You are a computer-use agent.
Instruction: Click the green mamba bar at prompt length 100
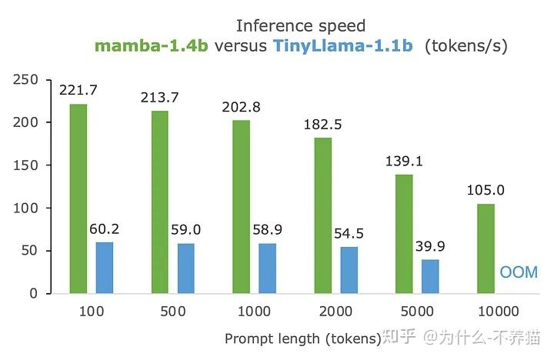pos(78,198)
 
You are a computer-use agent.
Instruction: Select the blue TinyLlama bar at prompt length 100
pos(105,268)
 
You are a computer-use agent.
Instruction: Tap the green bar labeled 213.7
pos(159,202)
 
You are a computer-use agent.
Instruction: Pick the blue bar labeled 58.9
pos(268,268)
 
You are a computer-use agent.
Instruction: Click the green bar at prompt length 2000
pos(322,215)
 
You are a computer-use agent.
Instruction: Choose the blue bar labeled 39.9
pos(431,276)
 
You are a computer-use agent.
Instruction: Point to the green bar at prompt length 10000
pos(486,248)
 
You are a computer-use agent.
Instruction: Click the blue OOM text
pos(518,272)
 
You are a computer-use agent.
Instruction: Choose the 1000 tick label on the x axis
pos(254,312)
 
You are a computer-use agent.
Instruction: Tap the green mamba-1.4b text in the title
pos(152,46)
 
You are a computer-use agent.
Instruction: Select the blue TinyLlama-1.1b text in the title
pos(342,46)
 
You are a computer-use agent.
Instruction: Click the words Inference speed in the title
pos(301,26)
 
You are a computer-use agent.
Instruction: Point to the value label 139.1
pos(404,162)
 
